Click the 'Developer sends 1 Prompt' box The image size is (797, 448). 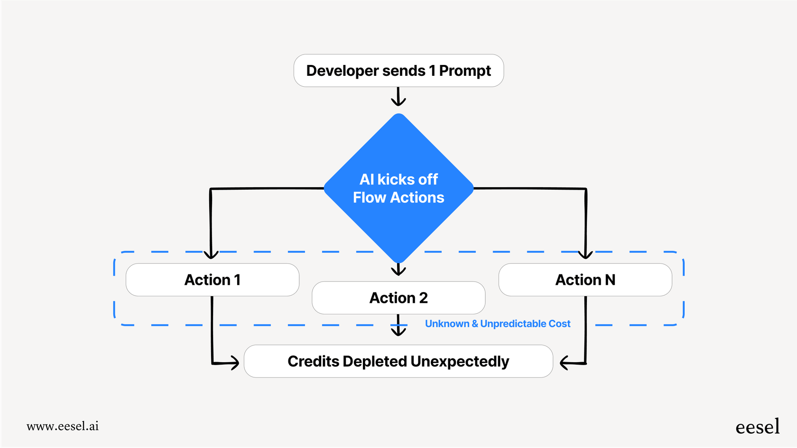(398, 71)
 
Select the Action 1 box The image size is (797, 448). (212, 280)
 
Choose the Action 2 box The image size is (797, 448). (398, 298)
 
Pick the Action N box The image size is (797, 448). (585, 280)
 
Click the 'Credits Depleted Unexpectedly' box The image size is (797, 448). (398, 361)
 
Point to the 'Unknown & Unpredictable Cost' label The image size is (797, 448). (497, 324)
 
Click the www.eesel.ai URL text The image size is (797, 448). (63, 426)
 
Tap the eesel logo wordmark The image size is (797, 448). (757, 427)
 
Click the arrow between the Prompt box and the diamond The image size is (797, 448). (398, 97)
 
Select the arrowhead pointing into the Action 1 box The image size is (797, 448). (211, 255)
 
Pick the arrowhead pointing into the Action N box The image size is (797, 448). (585, 255)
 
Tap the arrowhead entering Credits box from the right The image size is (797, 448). (565, 363)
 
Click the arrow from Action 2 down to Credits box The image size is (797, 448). (398, 326)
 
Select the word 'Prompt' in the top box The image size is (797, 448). (465, 71)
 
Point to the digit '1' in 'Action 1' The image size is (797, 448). (237, 280)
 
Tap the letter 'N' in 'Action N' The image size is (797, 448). (610, 280)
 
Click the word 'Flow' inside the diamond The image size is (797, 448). (369, 197)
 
